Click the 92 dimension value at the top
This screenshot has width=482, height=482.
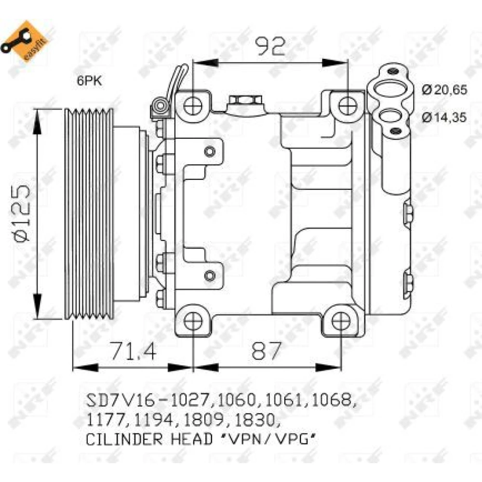[x=271, y=46]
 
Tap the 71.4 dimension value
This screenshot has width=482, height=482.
[x=134, y=351]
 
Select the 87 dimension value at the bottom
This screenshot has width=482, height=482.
[x=266, y=351]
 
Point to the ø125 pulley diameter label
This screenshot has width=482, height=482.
[x=22, y=212]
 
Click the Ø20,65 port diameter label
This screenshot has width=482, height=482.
[x=444, y=90]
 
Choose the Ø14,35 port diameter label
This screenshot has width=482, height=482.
[x=444, y=117]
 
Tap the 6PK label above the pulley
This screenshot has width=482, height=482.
[x=89, y=81]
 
